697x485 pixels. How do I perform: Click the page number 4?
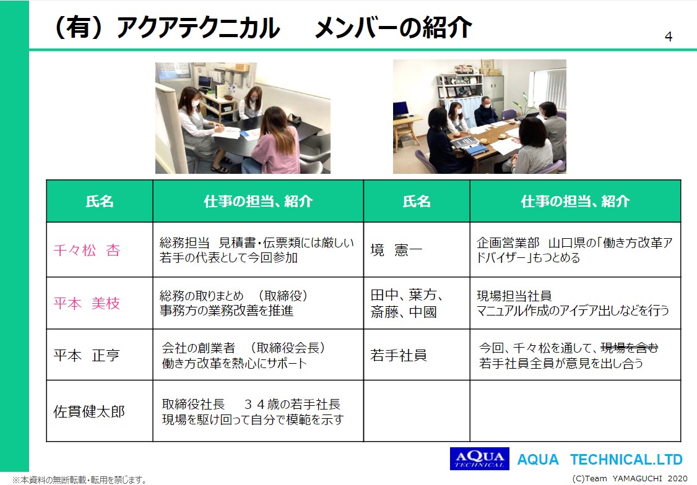(669, 37)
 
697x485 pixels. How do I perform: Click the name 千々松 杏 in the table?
(87, 251)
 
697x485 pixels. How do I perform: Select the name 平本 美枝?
(87, 303)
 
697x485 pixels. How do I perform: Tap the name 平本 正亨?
(87, 355)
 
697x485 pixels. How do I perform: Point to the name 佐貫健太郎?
(89, 412)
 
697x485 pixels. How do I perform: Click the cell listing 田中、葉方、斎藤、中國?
(406, 303)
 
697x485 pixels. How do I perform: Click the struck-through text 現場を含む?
(629, 348)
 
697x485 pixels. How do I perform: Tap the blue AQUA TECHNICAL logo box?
(479, 458)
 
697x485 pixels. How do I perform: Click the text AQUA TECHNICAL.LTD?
(600, 459)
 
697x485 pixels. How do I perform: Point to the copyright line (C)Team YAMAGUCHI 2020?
(630, 479)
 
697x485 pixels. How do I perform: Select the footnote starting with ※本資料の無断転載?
(79, 479)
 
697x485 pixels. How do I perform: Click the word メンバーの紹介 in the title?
(394, 28)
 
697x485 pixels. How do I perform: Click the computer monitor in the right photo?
(400, 109)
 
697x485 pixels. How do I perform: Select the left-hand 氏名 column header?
(100, 201)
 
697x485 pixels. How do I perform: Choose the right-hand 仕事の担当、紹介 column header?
(575, 201)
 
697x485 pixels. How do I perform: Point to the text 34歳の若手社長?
(293, 404)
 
